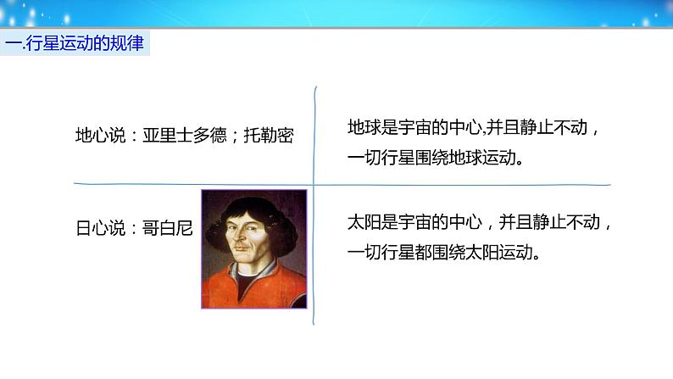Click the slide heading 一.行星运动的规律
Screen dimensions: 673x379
(75, 43)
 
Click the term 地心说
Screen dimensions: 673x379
(101, 136)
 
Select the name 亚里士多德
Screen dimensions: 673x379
(185, 136)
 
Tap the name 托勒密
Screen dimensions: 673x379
(269, 136)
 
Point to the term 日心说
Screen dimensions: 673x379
(101, 228)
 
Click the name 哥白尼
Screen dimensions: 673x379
(167, 228)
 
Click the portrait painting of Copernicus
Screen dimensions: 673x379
(254, 249)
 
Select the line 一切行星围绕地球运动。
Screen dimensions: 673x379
(435, 158)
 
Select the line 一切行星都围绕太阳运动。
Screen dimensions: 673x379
(444, 252)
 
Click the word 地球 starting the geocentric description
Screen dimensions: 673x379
(364, 127)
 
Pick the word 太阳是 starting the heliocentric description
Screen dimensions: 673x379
(373, 222)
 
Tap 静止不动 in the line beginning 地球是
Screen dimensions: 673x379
(553, 127)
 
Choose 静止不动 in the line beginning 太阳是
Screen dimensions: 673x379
(566, 222)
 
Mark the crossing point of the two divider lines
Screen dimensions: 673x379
(314, 185)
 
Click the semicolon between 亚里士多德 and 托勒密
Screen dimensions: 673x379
(235, 137)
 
